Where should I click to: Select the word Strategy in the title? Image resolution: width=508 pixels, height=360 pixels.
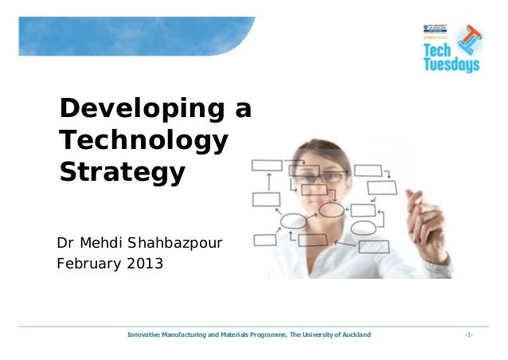pos(123,171)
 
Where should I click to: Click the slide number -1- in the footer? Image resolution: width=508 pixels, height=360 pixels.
pos(468,336)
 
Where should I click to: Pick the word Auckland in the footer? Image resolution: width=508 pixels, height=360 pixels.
pos(353,336)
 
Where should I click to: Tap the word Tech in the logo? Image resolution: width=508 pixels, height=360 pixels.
pos(438,50)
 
